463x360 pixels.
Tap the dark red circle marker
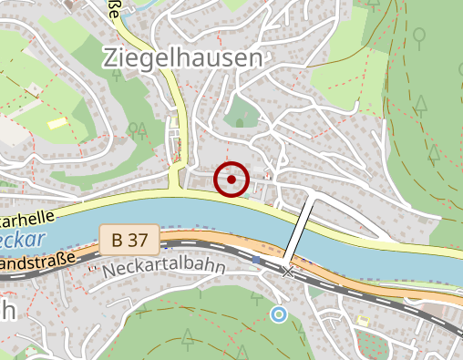231,180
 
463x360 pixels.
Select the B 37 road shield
129,241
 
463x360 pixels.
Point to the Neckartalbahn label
163,271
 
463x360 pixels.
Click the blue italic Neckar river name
24,240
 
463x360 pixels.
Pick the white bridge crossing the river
298,230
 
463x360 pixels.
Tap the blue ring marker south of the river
278,314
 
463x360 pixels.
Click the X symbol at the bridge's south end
288,271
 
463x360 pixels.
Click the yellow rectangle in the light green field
57,122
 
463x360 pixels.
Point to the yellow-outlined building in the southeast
364,320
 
